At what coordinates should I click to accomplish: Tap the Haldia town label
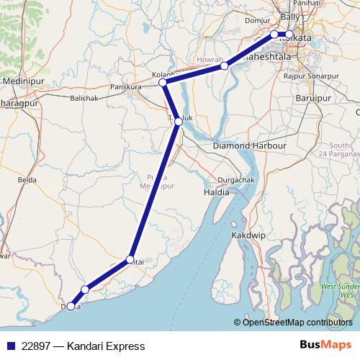click(x=216, y=192)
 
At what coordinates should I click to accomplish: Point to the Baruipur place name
click(x=321, y=91)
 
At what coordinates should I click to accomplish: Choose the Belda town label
click(x=27, y=179)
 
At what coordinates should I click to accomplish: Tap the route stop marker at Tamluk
click(x=179, y=122)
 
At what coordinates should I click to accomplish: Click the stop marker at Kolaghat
click(x=163, y=83)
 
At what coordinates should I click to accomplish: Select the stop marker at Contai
click(x=130, y=259)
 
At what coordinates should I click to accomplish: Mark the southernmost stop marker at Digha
click(x=70, y=306)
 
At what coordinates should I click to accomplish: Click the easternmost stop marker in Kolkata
click(x=289, y=35)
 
